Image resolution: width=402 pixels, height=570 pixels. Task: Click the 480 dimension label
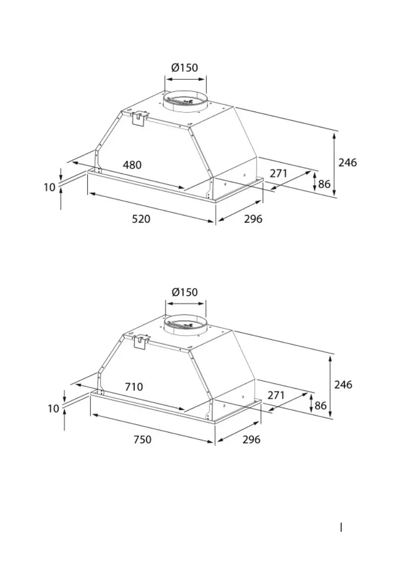[x=132, y=165]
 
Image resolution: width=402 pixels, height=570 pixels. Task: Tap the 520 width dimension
[x=141, y=219]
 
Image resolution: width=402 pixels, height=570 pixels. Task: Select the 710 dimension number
[x=134, y=387]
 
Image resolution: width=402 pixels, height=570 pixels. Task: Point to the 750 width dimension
[x=142, y=439]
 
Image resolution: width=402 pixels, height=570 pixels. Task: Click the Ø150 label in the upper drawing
[x=185, y=67]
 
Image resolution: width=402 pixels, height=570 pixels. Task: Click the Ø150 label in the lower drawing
[x=184, y=292]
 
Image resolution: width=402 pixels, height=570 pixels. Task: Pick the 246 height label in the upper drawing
[x=347, y=163]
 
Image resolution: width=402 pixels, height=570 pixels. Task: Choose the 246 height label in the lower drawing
[x=343, y=384]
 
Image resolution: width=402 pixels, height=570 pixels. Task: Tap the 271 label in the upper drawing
[x=278, y=173]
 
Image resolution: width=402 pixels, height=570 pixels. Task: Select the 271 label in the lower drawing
[x=276, y=395]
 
